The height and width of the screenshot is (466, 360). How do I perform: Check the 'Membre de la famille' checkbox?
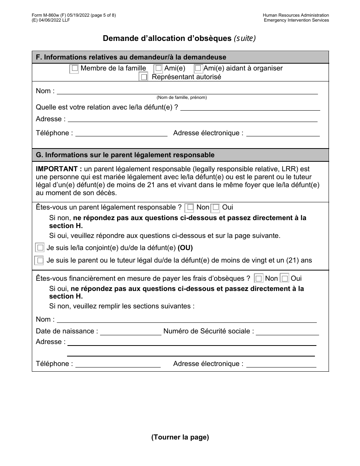click(75, 69)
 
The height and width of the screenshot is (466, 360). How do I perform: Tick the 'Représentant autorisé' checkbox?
click(144, 77)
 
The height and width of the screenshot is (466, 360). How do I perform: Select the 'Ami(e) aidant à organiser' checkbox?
click(198, 69)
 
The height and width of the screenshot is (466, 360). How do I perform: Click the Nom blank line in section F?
click(187, 91)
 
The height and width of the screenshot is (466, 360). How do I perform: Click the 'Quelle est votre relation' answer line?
click(250, 108)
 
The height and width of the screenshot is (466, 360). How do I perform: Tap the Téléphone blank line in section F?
click(121, 133)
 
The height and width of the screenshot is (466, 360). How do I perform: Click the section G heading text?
click(125, 155)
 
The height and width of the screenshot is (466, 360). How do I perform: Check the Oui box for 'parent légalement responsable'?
click(216, 207)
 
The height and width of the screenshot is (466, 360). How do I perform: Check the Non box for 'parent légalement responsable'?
click(189, 207)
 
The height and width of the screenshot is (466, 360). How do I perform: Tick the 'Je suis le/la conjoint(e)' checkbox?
click(40, 248)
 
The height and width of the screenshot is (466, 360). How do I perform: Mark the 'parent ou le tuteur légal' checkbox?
click(39, 261)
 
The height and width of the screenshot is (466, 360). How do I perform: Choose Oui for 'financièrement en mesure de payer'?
click(285, 278)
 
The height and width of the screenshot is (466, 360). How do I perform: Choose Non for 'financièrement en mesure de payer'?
click(259, 278)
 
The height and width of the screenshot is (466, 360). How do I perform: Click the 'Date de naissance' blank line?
click(130, 332)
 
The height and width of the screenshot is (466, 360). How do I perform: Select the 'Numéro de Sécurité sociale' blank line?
click(287, 332)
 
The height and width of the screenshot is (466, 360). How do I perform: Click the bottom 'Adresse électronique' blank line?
click(281, 364)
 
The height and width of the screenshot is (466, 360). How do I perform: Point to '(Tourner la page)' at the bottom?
click(180, 437)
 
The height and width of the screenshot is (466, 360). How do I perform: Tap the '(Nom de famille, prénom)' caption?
click(182, 97)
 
